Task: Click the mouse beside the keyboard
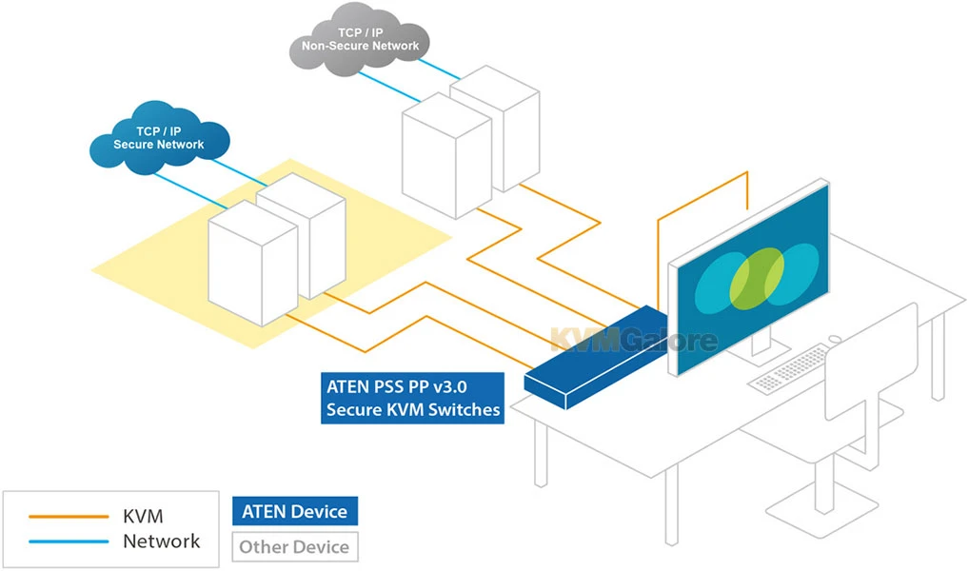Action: pos(835,338)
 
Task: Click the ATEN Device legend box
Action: pos(294,511)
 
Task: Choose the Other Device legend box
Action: pos(294,546)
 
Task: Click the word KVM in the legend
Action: pos(143,516)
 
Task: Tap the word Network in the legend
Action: pos(162,541)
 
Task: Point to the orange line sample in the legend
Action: pos(69,517)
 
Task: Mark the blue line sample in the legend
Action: pos(69,541)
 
